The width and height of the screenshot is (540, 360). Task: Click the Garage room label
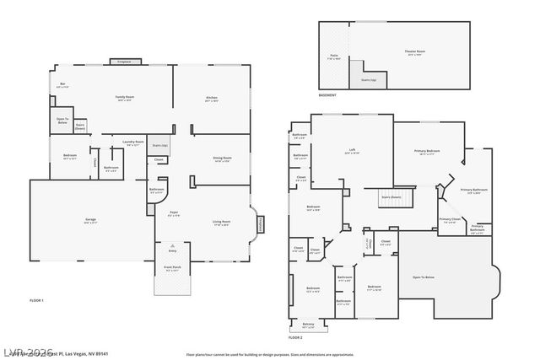(x=90, y=220)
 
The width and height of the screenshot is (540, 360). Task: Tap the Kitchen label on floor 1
(x=212, y=99)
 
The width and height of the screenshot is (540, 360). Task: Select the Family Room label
(x=125, y=98)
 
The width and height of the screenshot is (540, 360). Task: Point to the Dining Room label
(x=223, y=159)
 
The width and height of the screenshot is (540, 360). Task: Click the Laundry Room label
(x=133, y=142)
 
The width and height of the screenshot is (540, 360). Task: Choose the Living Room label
(x=222, y=223)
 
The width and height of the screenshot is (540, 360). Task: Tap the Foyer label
(x=175, y=213)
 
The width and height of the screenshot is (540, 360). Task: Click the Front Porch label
(x=173, y=269)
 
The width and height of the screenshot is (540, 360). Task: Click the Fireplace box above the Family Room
(x=125, y=62)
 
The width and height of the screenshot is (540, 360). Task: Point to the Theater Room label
(x=415, y=52)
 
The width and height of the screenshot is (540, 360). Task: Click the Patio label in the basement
(x=334, y=56)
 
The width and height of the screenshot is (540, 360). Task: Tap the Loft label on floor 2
(x=351, y=151)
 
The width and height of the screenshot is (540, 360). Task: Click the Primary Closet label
(x=450, y=220)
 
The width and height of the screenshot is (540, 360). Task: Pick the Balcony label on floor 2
(x=308, y=324)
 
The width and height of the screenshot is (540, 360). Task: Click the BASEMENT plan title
(x=328, y=95)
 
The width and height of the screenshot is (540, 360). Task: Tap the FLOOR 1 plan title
(x=36, y=301)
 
